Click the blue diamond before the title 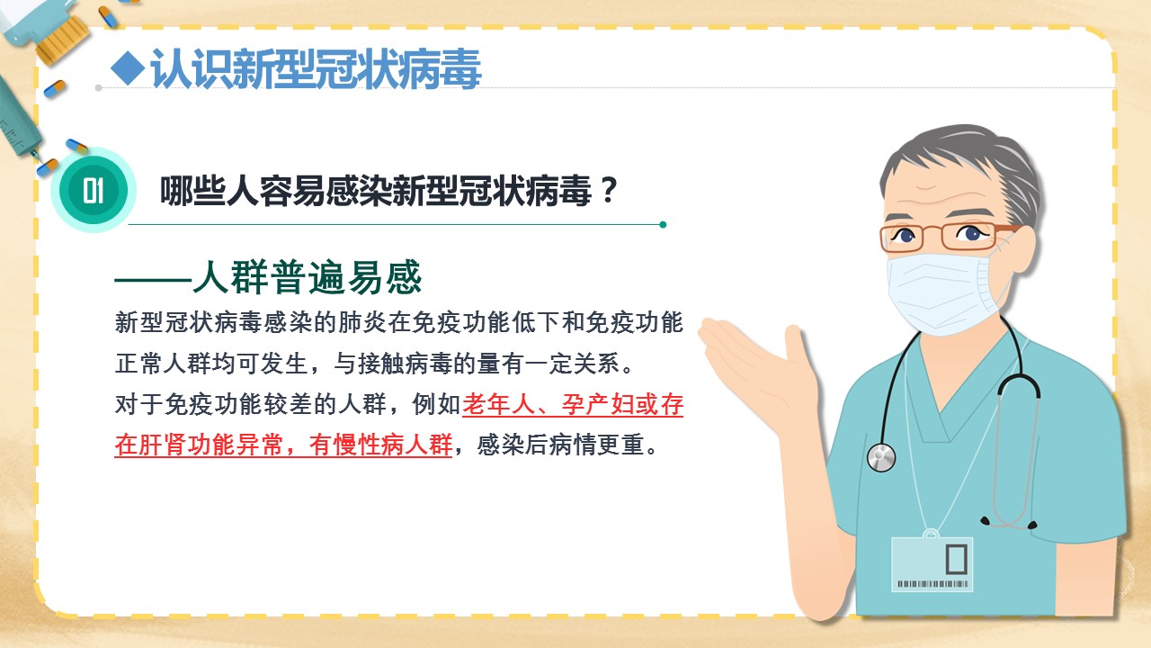coord(128,67)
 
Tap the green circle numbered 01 coord(93,190)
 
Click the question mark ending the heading coord(609,190)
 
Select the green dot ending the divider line coord(663,224)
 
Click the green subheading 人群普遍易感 coord(307,278)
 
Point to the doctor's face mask coord(943,292)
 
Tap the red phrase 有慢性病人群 coord(380,445)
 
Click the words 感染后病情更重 coord(560,445)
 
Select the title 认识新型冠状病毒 coord(315,69)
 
